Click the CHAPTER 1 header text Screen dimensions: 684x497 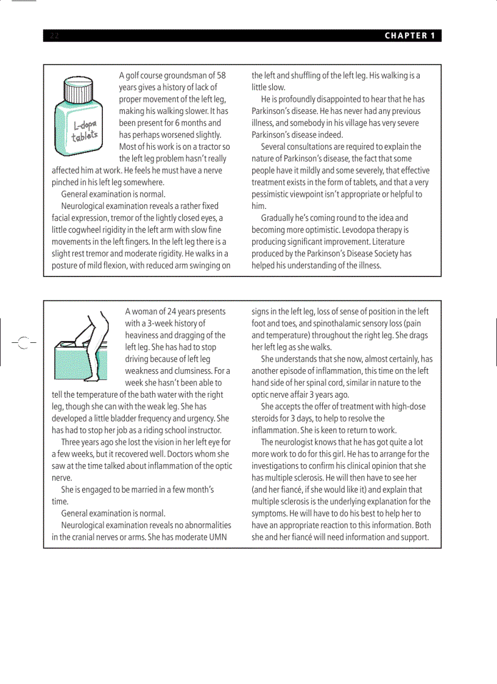[x=409, y=35]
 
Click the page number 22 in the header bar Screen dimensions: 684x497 [x=54, y=35]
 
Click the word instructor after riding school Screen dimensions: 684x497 [x=202, y=430]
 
